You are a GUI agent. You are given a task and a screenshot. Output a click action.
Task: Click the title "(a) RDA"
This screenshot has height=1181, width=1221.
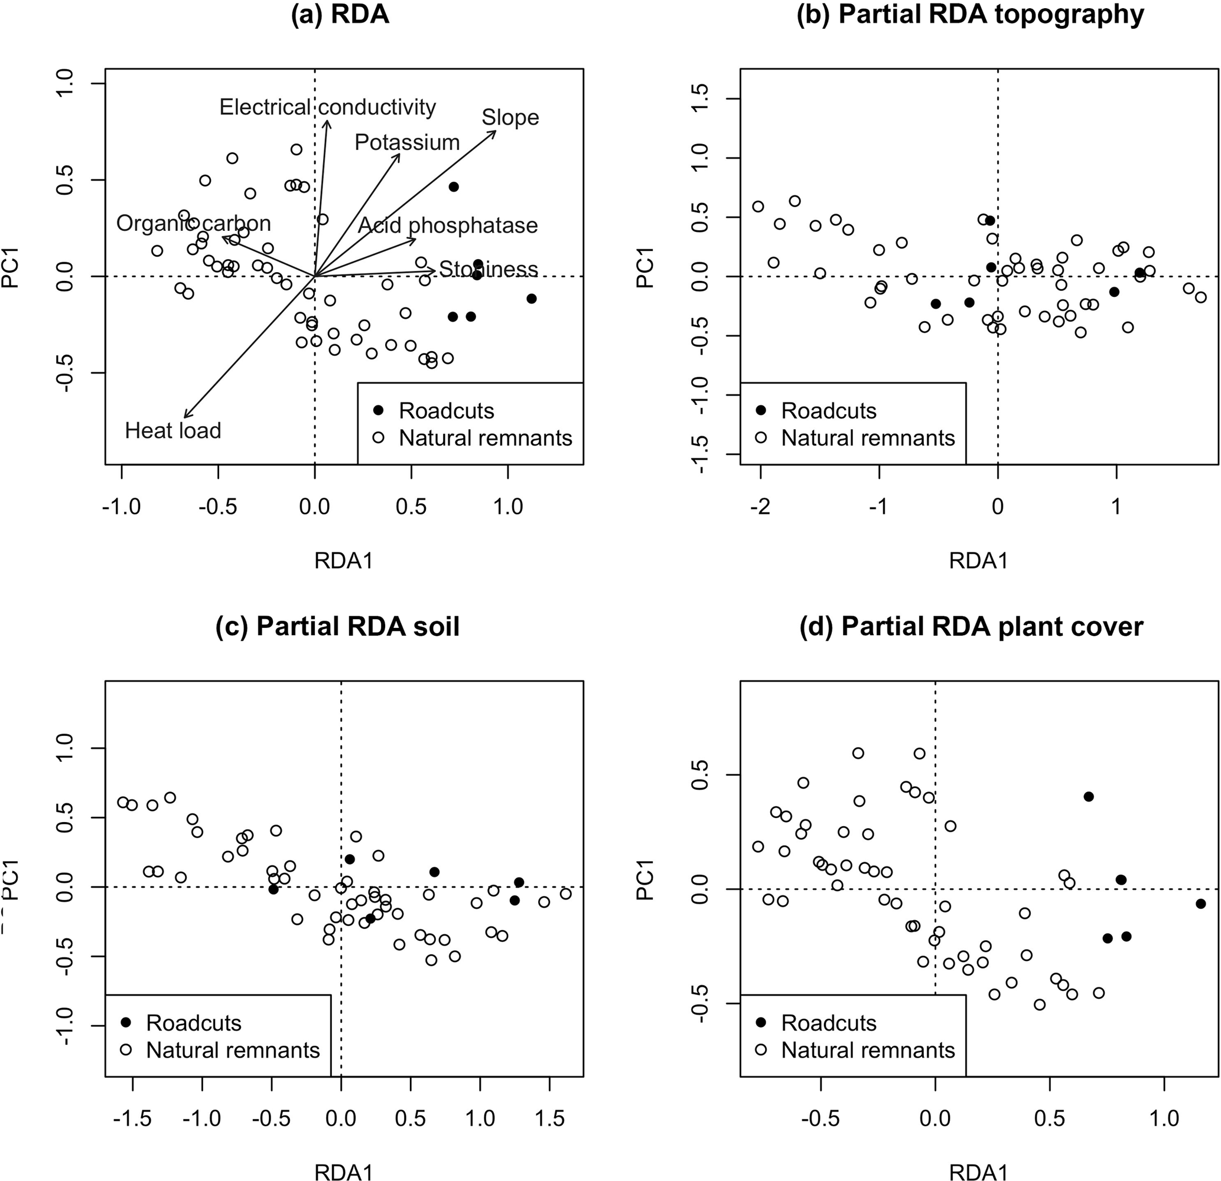340,14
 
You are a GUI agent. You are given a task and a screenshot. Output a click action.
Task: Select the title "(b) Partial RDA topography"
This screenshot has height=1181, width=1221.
970,14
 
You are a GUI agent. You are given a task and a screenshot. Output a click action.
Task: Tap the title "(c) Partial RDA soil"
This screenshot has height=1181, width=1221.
337,626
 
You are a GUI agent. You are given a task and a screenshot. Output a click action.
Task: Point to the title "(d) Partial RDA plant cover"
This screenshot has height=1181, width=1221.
971,626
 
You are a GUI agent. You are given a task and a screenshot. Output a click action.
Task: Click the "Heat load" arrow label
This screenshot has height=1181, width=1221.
172,430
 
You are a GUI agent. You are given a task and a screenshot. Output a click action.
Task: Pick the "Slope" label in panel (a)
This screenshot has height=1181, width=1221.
510,117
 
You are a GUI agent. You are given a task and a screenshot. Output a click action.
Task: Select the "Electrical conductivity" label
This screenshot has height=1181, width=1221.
328,107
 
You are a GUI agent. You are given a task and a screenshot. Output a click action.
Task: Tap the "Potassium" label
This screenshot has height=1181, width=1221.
407,143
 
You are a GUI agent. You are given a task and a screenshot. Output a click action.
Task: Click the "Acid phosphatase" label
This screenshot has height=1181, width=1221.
447,225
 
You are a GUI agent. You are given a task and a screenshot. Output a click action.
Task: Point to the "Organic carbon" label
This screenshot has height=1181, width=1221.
193,224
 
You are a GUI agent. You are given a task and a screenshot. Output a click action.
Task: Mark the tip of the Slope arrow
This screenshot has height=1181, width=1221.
495,132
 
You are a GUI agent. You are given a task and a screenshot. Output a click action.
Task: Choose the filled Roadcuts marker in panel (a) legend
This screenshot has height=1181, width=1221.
377,410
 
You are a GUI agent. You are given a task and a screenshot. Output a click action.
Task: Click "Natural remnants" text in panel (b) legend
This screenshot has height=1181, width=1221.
868,438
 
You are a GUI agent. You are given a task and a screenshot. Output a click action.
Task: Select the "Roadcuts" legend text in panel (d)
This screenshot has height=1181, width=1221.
829,1022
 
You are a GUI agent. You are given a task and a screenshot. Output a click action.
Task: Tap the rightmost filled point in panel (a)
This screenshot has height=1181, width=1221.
532,299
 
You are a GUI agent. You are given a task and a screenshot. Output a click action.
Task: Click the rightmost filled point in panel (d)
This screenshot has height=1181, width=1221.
1200,904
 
